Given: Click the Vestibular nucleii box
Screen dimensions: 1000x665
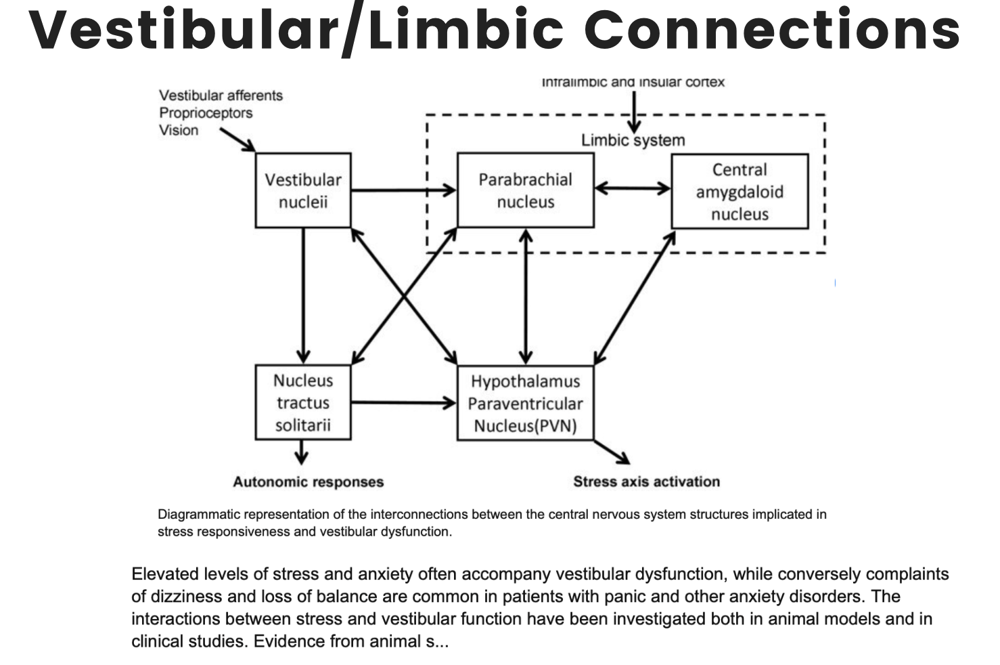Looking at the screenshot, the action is (303, 190).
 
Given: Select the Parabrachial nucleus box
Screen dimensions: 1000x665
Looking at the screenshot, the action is (526, 190).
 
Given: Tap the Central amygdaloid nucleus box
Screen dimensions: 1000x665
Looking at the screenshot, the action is (740, 191).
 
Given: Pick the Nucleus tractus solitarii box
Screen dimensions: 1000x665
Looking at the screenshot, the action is (303, 402).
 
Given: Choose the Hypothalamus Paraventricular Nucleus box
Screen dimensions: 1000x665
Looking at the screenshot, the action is (526, 403).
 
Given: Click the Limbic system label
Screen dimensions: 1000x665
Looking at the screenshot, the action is (633, 140).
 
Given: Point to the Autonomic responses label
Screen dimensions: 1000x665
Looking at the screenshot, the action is (309, 481).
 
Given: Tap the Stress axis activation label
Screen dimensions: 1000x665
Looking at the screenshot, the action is (646, 481).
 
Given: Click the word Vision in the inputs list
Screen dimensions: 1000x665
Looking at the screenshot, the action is (179, 130).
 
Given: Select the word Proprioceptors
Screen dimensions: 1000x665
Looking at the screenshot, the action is (206, 113).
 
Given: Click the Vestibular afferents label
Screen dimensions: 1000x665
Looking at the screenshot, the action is (221, 95).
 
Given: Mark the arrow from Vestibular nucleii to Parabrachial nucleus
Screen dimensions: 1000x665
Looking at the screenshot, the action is (404, 190).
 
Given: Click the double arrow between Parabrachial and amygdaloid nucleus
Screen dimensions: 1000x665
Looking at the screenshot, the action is (633, 188).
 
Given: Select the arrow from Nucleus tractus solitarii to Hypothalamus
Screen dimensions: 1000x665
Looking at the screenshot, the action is (404, 403).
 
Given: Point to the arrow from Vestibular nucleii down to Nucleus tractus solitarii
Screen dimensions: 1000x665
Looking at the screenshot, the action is (303, 296).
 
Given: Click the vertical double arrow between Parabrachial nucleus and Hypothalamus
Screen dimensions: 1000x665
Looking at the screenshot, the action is (526, 297).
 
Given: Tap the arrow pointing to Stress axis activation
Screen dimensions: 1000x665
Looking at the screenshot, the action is (612, 452).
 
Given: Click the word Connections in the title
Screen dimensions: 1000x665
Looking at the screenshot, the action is (772, 30).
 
